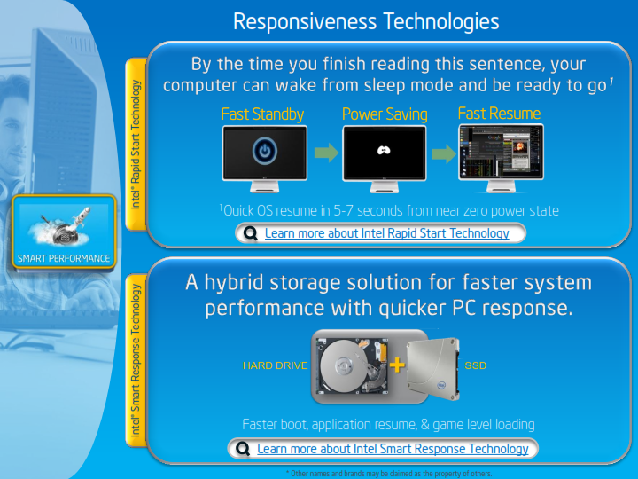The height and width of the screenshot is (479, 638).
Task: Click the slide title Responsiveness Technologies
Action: (x=366, y=20)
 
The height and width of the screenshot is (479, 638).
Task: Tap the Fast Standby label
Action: (x=262, y=114)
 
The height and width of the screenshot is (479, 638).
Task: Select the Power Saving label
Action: (x=385, y=114)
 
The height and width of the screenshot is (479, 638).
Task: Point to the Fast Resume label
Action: (x=499, y=113)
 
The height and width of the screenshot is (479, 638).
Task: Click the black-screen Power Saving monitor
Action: (x=385, y=153)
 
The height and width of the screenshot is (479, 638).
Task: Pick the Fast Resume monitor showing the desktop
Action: (x=501, y=153)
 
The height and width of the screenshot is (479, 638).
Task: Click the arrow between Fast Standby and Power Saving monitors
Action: (x=326, y=153)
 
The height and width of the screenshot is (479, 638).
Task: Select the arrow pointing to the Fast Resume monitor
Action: (x=443, y=153)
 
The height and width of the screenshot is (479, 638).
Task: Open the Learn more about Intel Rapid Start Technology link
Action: (x=386, y=233)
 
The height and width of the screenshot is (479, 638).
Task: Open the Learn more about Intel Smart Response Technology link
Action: (x=393, y=449)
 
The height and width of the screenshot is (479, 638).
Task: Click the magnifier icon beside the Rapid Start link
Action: (x=250, y=234)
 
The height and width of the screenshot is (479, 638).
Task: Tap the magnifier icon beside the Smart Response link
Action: (x=243, y=449)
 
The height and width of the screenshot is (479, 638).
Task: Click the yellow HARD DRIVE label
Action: (x=275, y=365)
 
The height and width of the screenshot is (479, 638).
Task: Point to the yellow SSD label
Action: (x=476, y=365)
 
